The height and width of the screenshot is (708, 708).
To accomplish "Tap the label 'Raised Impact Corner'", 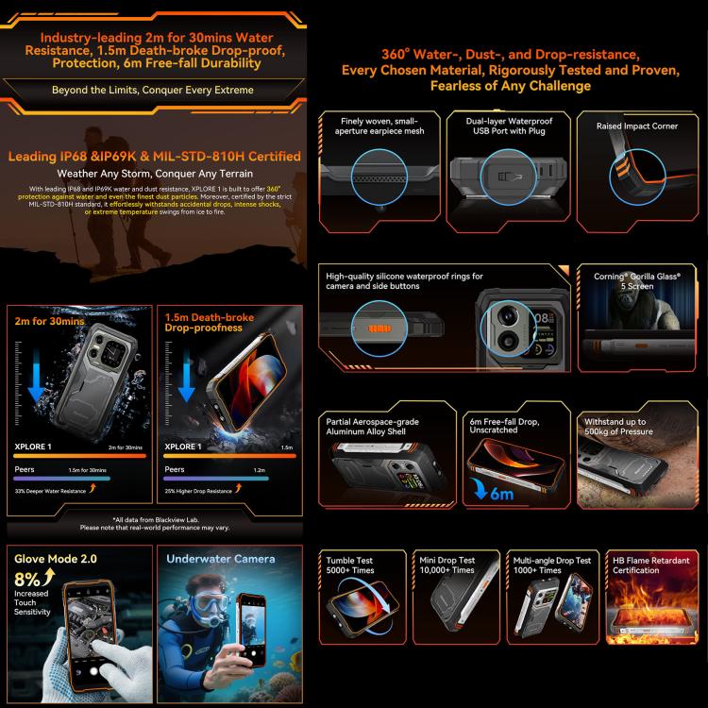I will point(637,126).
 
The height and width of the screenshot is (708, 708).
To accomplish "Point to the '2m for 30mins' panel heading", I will point(48,321).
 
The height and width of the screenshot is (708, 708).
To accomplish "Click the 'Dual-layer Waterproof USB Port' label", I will point(509,126).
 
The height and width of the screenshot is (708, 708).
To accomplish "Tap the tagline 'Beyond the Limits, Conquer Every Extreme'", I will point(153,90).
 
